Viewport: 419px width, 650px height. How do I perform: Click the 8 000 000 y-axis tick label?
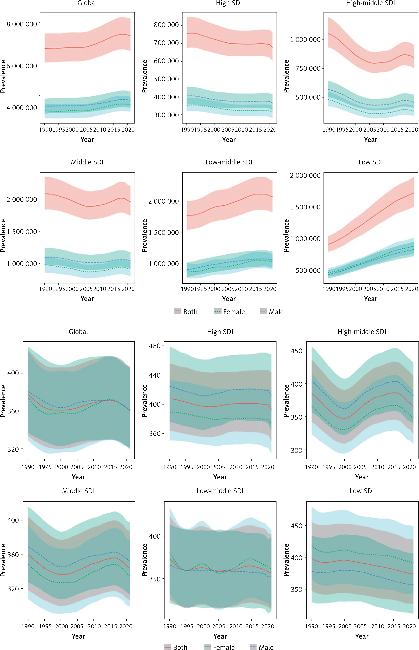(22, 24)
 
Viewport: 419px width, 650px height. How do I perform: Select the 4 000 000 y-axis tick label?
(22, 108)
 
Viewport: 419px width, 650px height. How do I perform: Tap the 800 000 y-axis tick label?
(166, 25)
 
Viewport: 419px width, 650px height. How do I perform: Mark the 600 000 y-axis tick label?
(166, 61)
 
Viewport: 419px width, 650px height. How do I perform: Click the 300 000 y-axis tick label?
(166, 115)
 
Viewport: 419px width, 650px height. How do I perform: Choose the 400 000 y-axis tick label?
(166, 97)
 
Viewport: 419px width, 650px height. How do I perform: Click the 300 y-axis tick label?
(297, 450)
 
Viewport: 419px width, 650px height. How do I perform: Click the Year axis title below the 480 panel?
(220, 477)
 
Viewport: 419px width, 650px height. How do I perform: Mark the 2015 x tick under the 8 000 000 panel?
(114, 130)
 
